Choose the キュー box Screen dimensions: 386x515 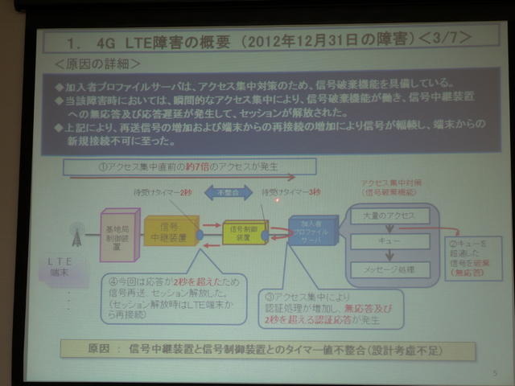coord(389,240)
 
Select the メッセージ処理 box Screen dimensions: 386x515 coord(389,269)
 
